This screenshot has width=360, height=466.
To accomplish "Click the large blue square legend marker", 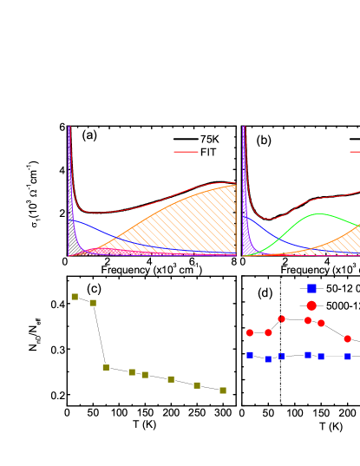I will click(x=311, y=288).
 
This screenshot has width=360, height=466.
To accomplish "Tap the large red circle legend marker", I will click(x=311, y=305).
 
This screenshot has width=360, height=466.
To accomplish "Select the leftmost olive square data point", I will click(x=75, y=297).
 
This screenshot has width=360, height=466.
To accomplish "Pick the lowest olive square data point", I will click(x=223, y=391).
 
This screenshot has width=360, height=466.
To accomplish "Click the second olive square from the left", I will click(x=93, y=303).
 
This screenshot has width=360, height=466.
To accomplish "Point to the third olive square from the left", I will click(x=106, y=367).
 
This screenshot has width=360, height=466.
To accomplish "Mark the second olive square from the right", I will click(x=197, y=385).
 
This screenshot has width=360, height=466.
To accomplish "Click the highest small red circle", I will click(x=281, y=318).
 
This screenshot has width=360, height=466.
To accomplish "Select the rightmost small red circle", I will click(x=348, y=338).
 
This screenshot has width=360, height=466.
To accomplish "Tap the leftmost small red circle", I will click(x=250, y=332).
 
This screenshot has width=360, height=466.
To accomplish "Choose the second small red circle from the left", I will click(x=268, y=332).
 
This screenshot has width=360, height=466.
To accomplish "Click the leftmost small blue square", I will click(x=250, y=355).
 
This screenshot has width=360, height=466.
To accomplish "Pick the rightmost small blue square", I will click(x=348, y=357).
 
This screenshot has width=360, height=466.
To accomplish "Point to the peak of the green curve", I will click(x=320, y=213).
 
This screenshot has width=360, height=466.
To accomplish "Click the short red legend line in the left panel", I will click(x=186, y=152).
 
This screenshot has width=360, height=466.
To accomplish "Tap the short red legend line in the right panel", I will click(x=355, y=152).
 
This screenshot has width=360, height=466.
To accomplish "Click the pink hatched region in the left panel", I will click(x=108, y=252).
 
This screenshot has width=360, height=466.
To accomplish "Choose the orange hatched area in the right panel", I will click(x=338, y=250).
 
